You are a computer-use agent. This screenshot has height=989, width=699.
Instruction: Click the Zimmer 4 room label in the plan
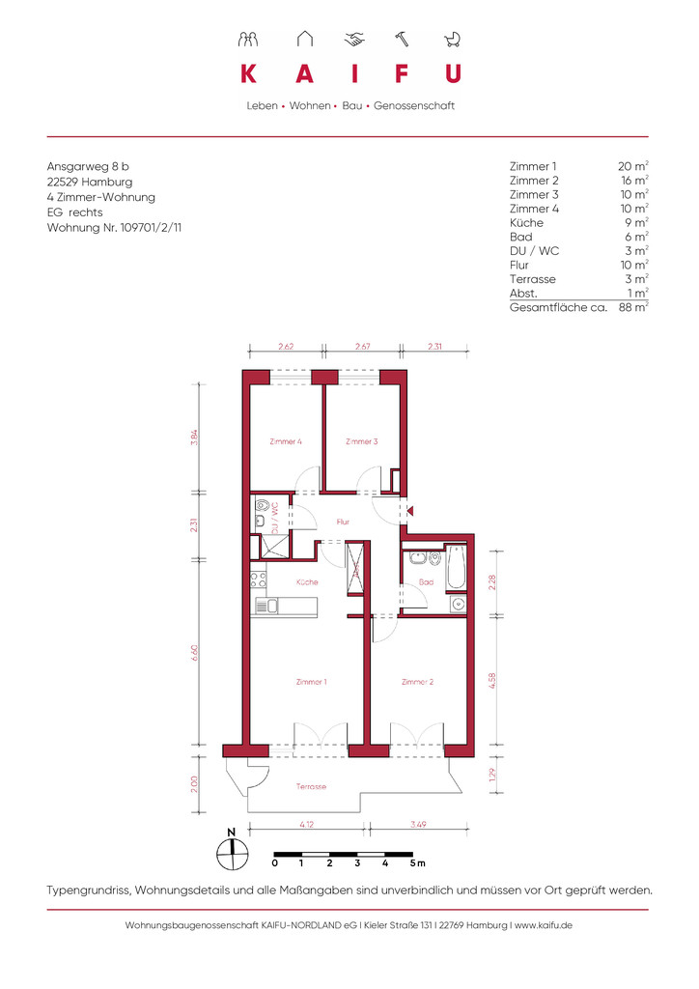point(286,441)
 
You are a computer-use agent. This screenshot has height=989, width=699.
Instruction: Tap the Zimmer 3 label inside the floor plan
point(362,441)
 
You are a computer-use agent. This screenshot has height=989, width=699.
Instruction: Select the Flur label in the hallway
point(343,522)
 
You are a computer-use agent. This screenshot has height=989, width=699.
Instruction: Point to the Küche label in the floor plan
point(307,582)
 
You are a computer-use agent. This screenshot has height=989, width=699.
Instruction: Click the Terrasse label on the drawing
point(312,786)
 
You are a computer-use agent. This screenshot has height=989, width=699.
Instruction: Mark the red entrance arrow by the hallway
point(409,512)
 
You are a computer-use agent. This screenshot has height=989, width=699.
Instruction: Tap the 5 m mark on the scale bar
point(417,862)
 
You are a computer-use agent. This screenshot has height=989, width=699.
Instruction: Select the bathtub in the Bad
point(457,567)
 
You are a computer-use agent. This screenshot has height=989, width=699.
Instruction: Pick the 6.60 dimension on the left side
point(195,652)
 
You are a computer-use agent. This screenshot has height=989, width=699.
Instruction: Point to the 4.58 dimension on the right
point(492,681)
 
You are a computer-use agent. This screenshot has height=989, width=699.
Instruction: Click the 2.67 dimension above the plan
point(362,347)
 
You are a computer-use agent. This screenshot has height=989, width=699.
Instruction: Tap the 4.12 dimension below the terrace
point(307,824)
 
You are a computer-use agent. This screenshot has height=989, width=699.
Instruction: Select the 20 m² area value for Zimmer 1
point(632,166)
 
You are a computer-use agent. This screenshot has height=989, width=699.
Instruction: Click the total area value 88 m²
point(633,307)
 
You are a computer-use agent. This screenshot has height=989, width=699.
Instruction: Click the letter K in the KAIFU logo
point(248,73)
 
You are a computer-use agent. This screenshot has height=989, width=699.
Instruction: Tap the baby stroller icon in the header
point(453,40)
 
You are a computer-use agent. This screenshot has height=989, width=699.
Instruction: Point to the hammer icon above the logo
point(402,39)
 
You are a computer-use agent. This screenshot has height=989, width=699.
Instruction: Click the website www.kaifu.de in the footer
point(544,925)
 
